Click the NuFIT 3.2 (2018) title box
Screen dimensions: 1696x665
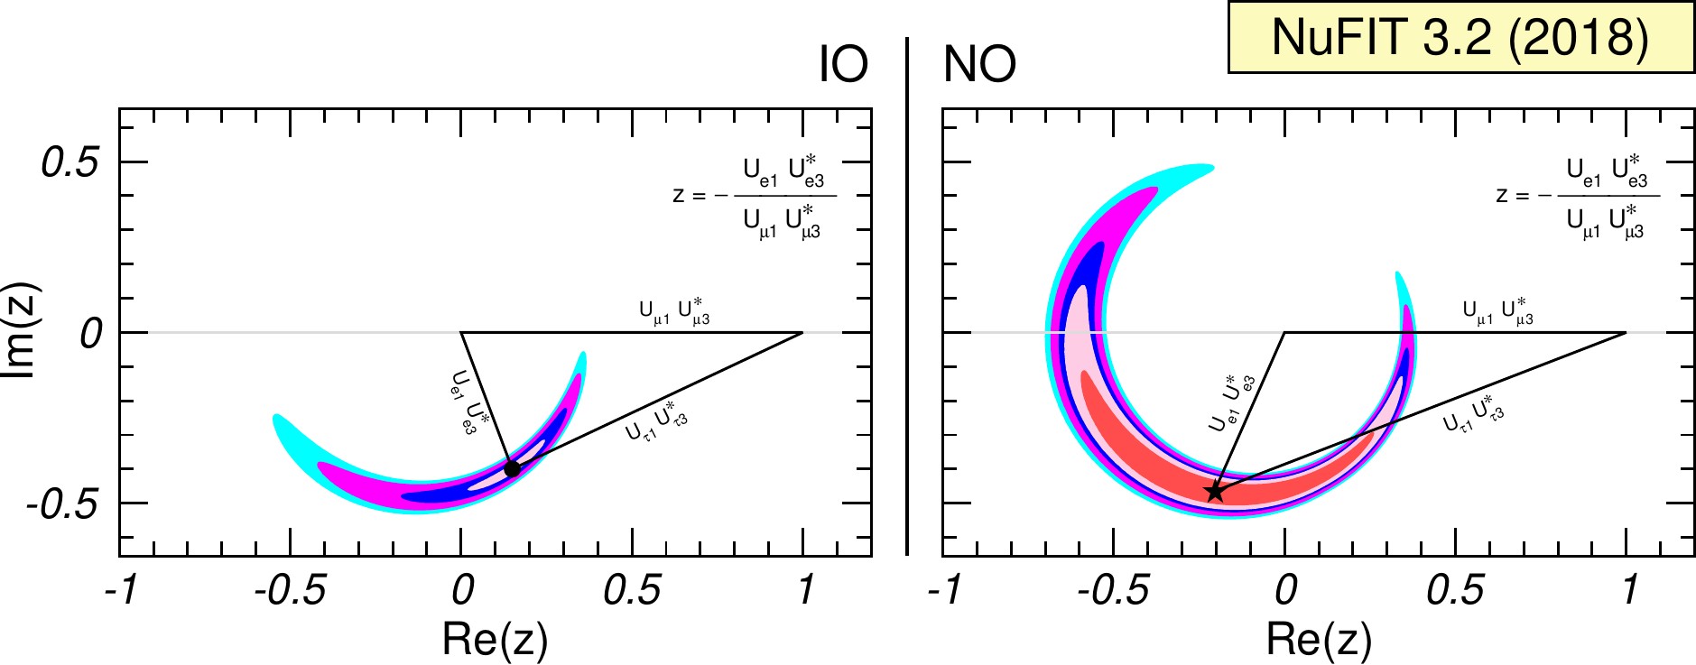(x=1460, y=37)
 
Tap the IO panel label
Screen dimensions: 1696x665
(x=843, y=64)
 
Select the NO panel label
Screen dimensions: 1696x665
(x=979, y=64)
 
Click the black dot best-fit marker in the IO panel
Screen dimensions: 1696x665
(x=512, y=468)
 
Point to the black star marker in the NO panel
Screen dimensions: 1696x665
(x=1215, y=492)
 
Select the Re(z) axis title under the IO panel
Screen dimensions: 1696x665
(x=495, y=639)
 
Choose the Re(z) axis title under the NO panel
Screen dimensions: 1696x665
(x=1319, y=639)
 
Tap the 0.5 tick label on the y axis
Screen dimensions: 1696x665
(x=69, y=163)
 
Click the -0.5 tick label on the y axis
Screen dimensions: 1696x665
(x=62, y=504)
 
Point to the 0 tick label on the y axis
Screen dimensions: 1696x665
(x=89, y=334)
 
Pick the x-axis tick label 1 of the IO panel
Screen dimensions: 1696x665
(x=805, y=590)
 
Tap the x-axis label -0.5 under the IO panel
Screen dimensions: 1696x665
(x=290, y=590)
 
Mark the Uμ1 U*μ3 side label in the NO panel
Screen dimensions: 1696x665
(x=1497, y=311)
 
